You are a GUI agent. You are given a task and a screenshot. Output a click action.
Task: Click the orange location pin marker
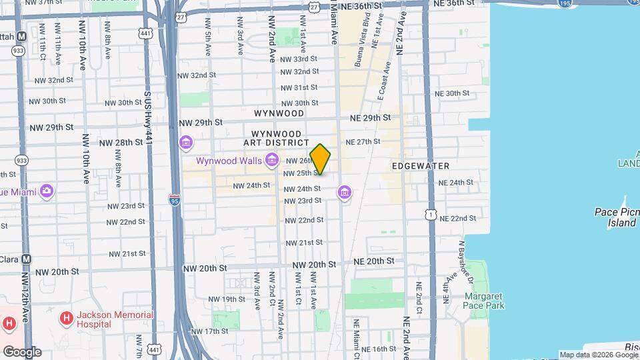coord(321,159)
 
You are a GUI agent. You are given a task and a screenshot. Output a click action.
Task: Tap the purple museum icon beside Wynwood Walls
coord(271,160)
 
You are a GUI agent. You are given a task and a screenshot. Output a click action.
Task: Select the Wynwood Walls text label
coord(228,161)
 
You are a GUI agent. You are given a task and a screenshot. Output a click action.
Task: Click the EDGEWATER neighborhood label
coord(420,165)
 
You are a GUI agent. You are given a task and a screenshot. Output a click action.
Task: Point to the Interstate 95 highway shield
coord(174,199)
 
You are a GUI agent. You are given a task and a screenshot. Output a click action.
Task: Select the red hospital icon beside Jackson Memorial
coord(67,319)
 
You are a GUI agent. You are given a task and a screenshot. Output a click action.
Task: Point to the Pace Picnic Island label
coord(616,217)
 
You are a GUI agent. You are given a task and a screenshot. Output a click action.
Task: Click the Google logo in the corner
coord(22,351)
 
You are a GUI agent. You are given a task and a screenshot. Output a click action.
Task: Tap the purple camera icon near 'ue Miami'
coord(46,192)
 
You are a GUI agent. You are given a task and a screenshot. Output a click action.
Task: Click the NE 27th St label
coord(363,142)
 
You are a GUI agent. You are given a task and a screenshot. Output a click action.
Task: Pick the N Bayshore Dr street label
coord(460,263)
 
